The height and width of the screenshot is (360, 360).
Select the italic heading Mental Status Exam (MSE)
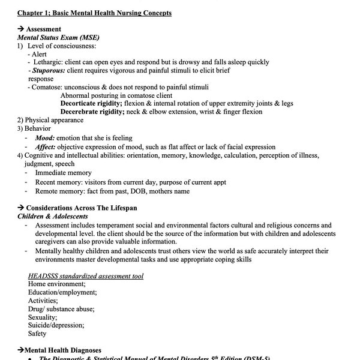point(53,37)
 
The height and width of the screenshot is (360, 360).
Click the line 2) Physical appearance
point(54,120)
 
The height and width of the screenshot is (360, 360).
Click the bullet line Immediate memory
point(64,173)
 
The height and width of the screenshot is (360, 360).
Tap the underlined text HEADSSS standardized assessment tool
point(86,275)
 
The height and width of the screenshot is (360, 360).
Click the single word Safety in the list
point(37,334)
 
